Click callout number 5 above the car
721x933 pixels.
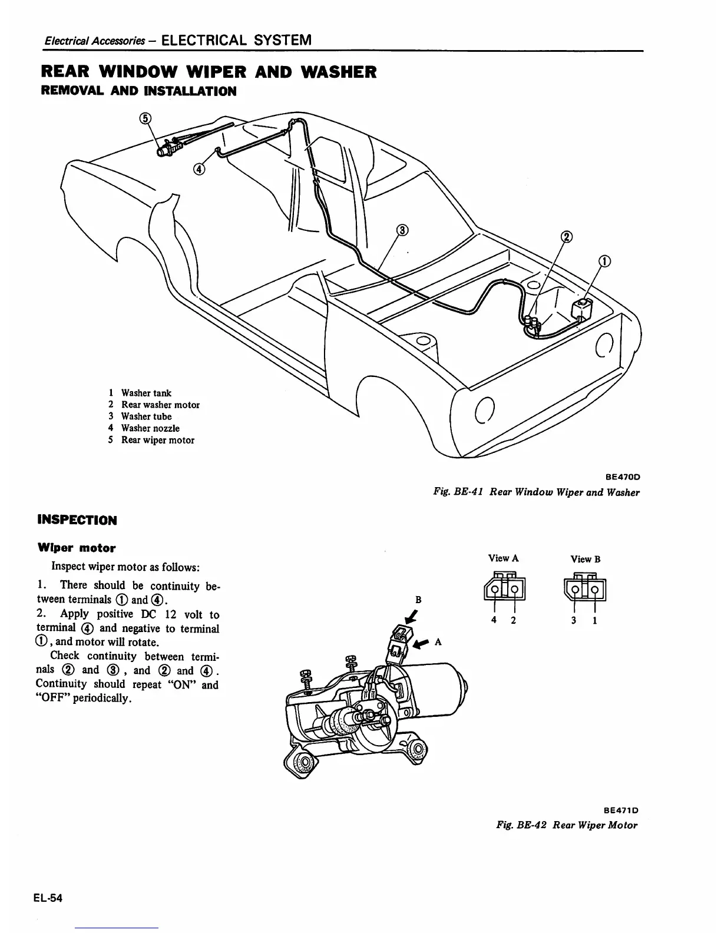(x=145, y=119)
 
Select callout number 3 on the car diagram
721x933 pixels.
(x=402, y=230)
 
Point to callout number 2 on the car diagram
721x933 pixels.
(x=567, y=237)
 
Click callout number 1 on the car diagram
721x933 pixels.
(x=604, y=262)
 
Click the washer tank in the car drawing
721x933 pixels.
(x=583, y=310)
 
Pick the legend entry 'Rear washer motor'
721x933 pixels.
(x=160, y=405)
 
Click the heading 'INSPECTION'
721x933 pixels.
(x=77, y=520)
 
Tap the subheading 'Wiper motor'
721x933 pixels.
(x=77, y=548)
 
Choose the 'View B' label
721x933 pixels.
(x=585, y=559)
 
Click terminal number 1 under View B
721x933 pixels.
(x=595, y=620)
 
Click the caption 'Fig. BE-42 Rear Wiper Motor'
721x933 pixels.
(x=567, y=825)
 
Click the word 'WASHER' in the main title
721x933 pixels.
(x=338, y=72)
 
